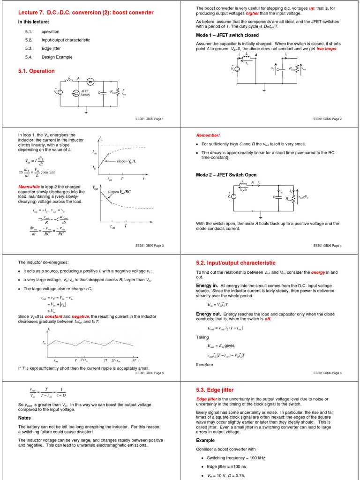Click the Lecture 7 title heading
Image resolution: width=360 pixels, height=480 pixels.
[x=86, y=12]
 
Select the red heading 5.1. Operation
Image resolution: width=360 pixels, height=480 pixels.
[x=36, y=71]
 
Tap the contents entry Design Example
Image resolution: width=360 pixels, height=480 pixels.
[x=57, y=57]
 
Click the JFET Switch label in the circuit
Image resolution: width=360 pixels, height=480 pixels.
[x=85, y=93]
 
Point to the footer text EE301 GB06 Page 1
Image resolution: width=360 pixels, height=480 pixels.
[x=150, y=119]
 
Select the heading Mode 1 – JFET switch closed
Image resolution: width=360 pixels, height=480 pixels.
[x=227, y=35]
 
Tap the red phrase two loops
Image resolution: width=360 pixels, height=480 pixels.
[x=326, y=48]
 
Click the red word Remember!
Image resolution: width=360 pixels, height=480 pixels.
[x=208, y=135]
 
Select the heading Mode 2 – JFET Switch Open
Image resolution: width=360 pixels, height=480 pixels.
[x=226, y=175]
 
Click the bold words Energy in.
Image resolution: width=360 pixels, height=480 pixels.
[x=207, y=285]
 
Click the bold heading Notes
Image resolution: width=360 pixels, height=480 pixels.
[x=24, y=418]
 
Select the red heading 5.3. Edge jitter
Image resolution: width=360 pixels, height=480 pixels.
[x=214, y=390]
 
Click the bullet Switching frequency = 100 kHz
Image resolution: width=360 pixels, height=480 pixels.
[x=236, y=457]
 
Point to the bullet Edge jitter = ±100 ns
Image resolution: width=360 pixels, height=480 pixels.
[x=230, y=466]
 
